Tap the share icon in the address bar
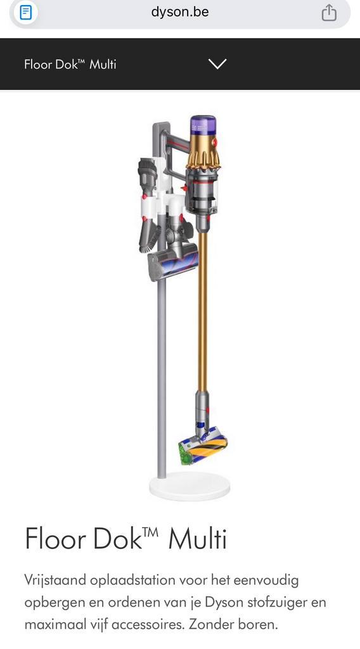click(329, 13)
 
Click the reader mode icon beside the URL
click(25, 13)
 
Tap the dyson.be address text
click(180, 12)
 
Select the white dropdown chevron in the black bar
click(217, 64)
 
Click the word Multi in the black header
click(103, 64)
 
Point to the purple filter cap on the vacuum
click(203, 129)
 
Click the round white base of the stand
click(190, 485)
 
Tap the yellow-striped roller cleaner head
click(203, 451)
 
